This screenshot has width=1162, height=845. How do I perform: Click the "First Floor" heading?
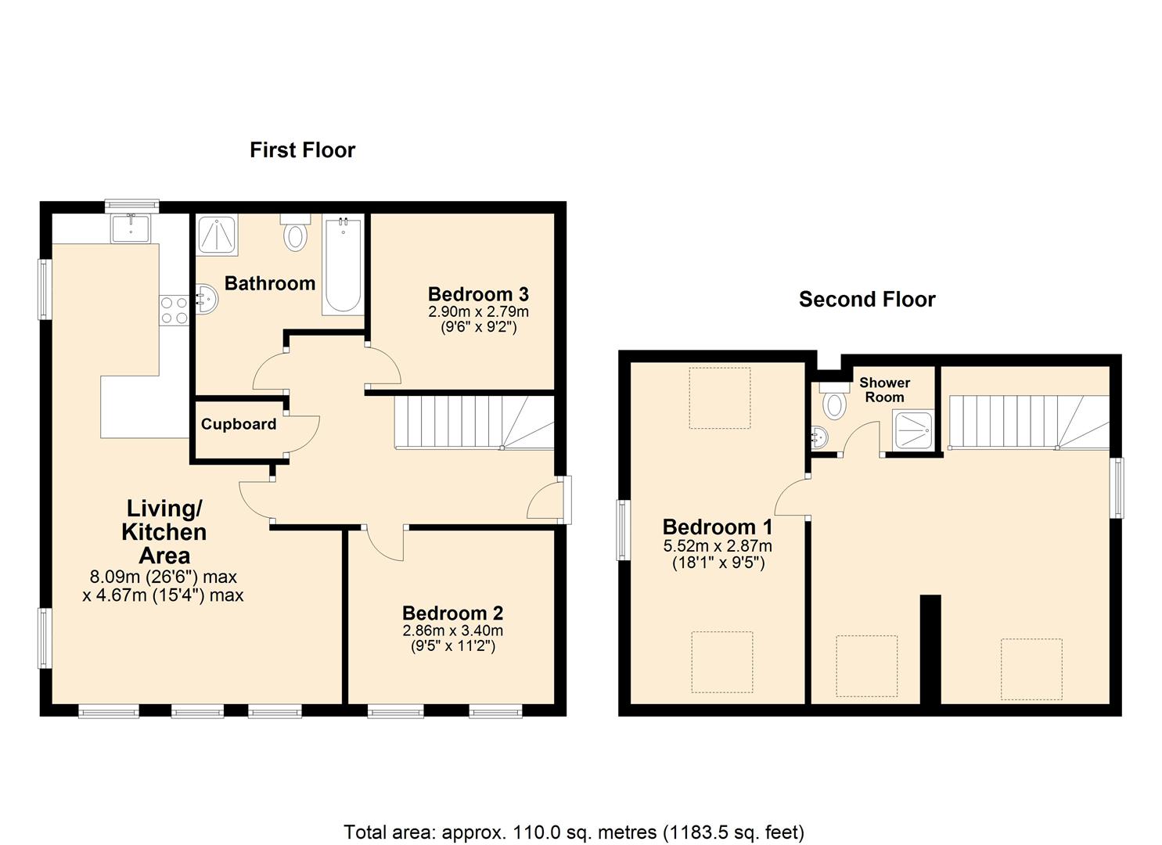[302, 150]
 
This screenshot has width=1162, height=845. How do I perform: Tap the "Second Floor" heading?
[866, 300]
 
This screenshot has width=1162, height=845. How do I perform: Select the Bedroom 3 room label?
[478, 295]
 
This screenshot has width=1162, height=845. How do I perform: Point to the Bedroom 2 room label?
[452, 613]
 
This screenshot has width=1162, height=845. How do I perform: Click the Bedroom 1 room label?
[718, 527]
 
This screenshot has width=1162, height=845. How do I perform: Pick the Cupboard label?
[238, 424]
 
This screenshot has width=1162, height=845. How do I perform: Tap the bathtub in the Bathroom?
[342, 265]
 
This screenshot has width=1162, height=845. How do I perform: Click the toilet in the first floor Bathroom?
[295, 232]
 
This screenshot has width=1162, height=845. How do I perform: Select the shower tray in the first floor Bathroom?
[216, 235]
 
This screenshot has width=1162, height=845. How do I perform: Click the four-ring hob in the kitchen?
[174, 310]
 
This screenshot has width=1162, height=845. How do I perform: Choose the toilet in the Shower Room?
[834, 401]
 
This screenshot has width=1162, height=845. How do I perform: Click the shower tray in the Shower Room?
[913, 431]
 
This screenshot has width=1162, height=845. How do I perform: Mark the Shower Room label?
[884, 390]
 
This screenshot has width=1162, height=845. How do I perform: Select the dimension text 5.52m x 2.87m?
[718, 546]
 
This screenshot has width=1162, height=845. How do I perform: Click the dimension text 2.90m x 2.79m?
[478, 311]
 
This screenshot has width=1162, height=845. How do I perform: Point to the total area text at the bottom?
[574, 832]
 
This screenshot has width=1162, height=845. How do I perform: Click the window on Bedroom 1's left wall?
[624, 530]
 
